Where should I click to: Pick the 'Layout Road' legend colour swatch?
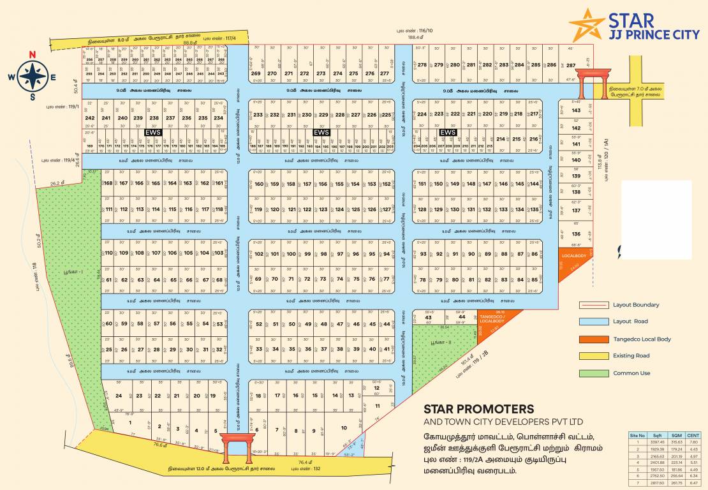pyautogui.click(x=593, y=322)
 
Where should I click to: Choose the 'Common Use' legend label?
pyautogui.click(x=631, y=373)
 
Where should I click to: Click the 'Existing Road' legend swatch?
pyautogui.click(x=593, y=356)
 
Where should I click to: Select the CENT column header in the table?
pyautogui.click(x=693, y=435)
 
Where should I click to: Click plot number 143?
pyautogui.click(x=576, y=110)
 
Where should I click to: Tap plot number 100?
pyautogui.click(x=291, y=254)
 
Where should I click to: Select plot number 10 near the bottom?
pyautogui.click(x=344, y=428)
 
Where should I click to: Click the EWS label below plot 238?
pyautogui.click(x=152, y=132)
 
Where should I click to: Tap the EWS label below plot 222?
pyautogui.click(x=448, y=132)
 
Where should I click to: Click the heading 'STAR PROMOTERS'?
pyautogui.click(x=478, y=408)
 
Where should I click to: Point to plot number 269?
pyautogui.click(x=256, y=73)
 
